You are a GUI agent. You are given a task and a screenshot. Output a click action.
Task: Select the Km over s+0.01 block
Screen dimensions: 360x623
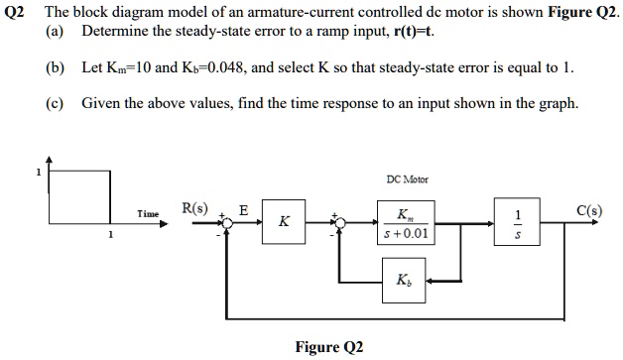[x=405, y=224]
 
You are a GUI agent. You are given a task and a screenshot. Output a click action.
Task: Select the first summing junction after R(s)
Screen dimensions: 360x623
[x=227, y=225]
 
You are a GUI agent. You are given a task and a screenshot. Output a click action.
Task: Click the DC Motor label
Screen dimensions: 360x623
[x=404, y=181]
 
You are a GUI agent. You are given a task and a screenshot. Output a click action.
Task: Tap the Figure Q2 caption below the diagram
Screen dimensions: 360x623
[x=329, y=347]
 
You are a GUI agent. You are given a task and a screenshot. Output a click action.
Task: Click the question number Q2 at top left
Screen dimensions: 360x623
[x=15, y=11]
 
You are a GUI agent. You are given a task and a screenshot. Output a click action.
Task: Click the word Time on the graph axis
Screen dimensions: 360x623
[x=149, y=213]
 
